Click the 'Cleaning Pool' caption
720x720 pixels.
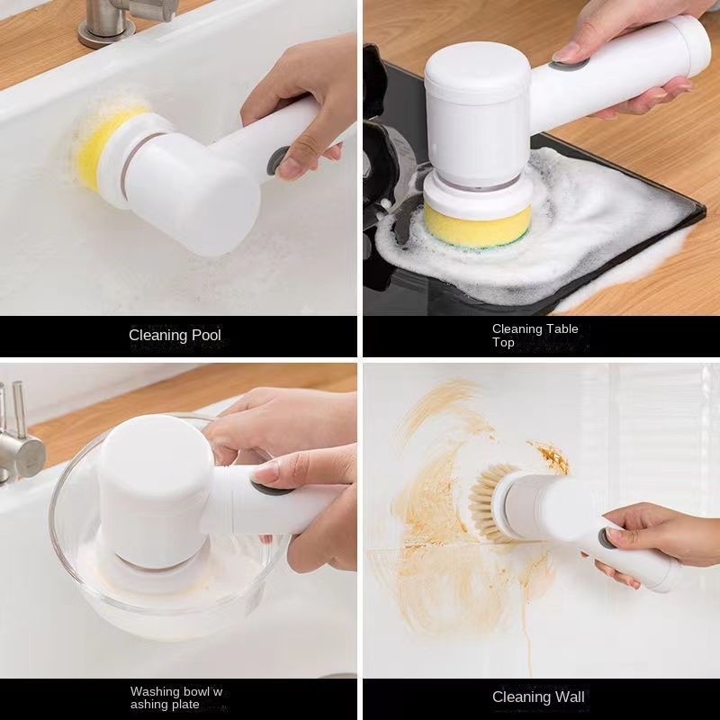(175, 336)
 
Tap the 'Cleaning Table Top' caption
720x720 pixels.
(535, 336)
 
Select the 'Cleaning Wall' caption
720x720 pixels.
(538, 697)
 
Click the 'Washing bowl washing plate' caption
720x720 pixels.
(176, 697)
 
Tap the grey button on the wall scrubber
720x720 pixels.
(607, 538)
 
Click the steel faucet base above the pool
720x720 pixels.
(106, 32)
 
